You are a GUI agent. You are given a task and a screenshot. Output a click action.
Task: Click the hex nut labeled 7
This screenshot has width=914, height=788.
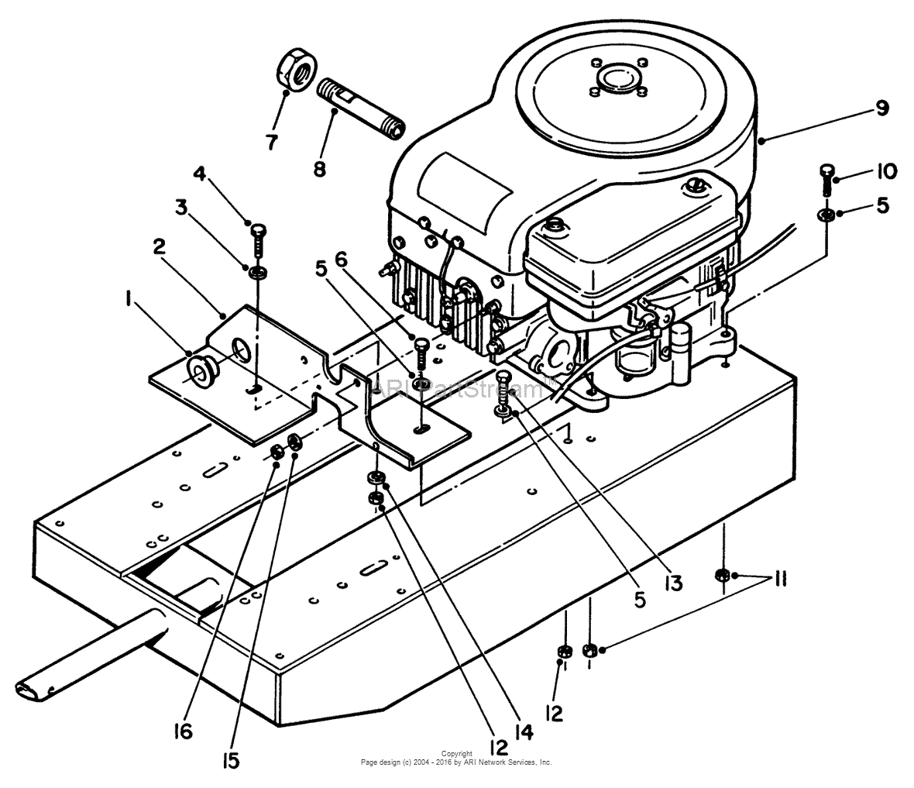294,72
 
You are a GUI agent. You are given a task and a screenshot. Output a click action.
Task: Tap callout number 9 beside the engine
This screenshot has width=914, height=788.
881,108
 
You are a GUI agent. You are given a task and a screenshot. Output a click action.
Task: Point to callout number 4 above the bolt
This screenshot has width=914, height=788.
199,174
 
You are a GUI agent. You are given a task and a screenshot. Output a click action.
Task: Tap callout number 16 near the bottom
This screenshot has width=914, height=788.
183,731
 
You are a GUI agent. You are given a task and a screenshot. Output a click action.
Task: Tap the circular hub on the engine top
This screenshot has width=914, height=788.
617,77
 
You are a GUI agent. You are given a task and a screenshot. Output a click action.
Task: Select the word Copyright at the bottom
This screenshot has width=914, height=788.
456,753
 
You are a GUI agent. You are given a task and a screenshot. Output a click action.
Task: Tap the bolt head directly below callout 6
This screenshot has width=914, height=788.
421,343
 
